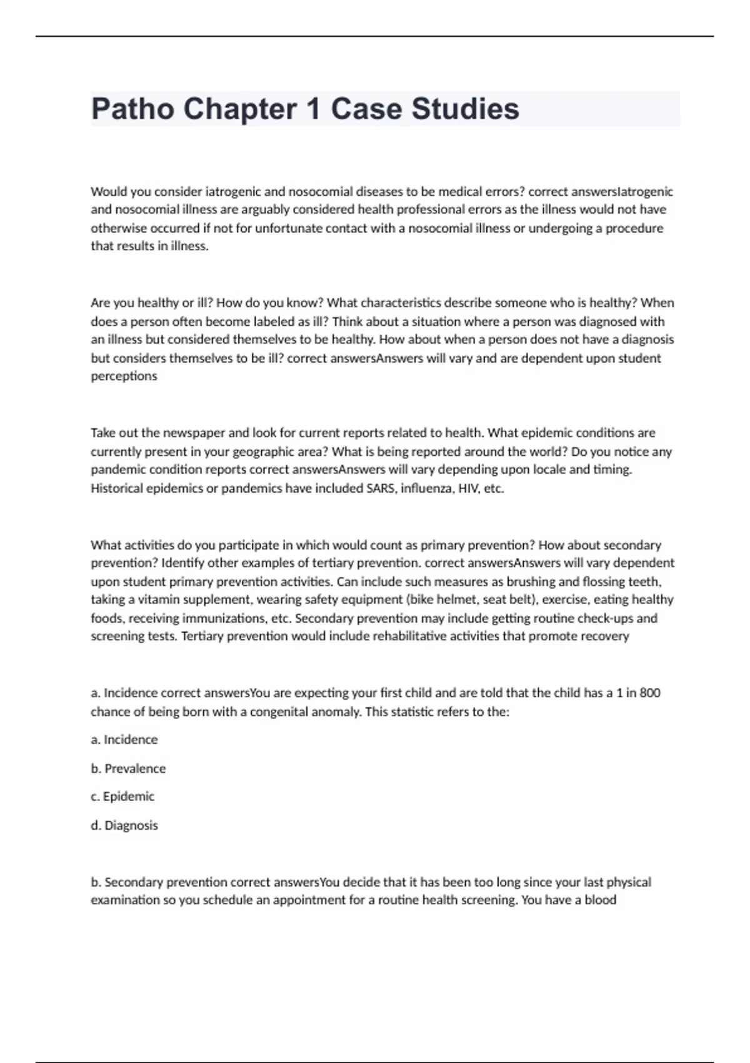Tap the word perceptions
coord(124,376)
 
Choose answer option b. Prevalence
coord(128,768)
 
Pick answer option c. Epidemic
coord(122,797)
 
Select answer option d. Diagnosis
coord(124,825)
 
